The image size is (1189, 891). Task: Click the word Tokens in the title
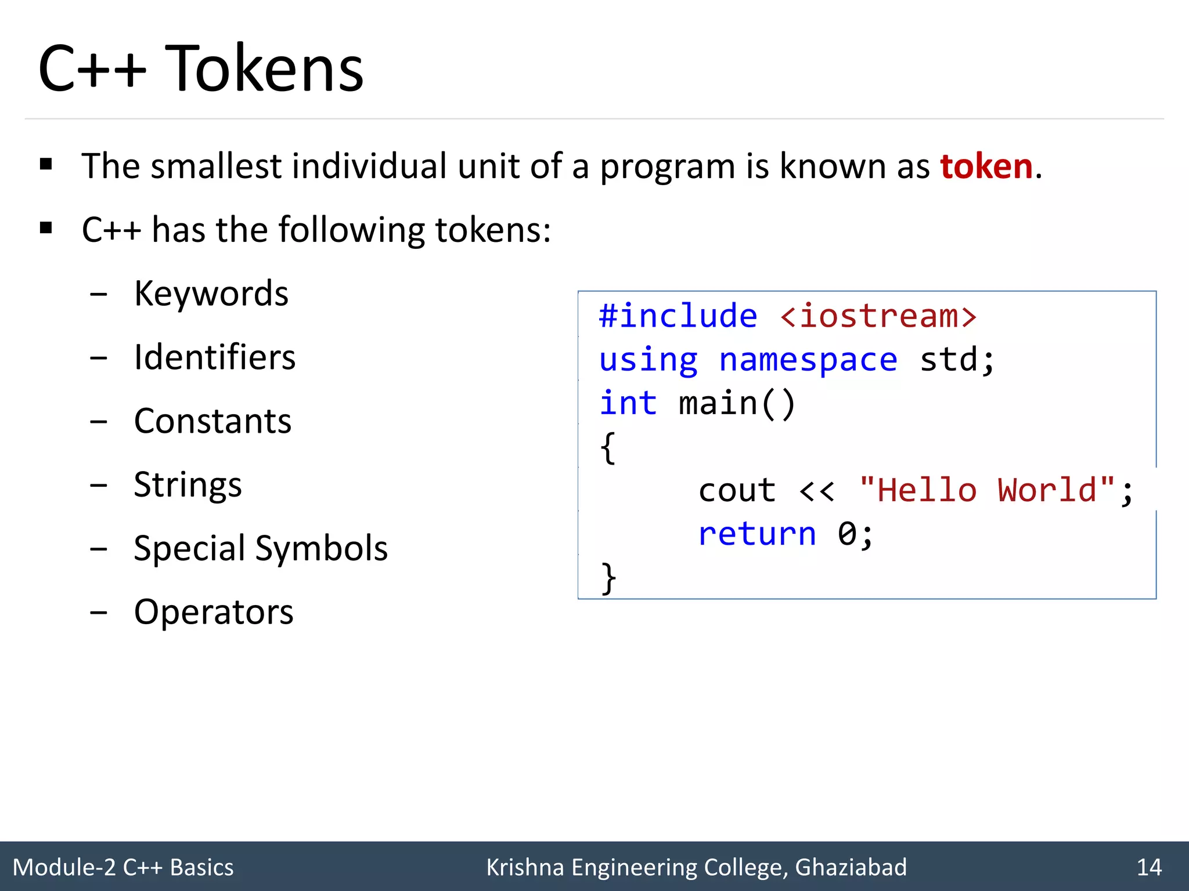pos(264,70)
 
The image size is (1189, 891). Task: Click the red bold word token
pos(986,167)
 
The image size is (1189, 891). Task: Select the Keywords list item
pos(211,294)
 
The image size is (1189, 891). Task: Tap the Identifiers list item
pos(214,357)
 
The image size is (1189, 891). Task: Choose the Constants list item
pos(212,421)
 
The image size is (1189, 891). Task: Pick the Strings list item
pos(188,485)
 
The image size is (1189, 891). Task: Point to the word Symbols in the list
pos(321,549)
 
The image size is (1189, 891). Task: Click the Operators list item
pos(214,613)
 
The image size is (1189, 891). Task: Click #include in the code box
pos(678,317)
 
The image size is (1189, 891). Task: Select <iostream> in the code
pos(878,317)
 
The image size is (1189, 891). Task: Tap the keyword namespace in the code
pos(808,360)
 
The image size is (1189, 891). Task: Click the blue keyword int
pos(628,404)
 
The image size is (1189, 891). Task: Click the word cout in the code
pos(737,491)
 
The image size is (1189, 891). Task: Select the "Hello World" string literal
pos(987,491)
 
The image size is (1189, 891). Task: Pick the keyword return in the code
pos(757,534)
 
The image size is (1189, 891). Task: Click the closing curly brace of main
pos(608,578)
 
